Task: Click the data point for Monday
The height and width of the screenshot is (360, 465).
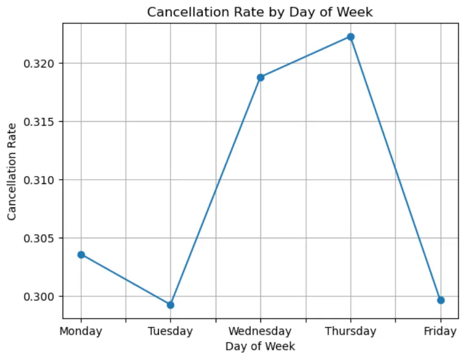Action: (81, 255)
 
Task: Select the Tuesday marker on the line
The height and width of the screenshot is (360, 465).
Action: (171, 305)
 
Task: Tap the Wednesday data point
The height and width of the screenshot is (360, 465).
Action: (260, 77)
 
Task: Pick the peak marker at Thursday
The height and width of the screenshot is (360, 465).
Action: (351, 37)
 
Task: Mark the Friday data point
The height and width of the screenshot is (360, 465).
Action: (441, 300)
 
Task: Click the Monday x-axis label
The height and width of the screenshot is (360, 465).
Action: (81, 331)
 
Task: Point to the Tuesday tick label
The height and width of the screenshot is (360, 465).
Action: (171, 331)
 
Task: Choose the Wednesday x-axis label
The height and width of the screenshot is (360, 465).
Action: (260, 331)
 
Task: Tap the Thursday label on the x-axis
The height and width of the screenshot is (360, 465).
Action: (351, 331)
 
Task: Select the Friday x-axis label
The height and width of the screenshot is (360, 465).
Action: (440, 331)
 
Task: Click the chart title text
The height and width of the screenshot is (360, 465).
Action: (260, 12)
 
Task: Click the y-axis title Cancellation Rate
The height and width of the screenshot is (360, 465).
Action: (12, 171)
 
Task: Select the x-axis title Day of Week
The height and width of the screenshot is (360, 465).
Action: (260, 346)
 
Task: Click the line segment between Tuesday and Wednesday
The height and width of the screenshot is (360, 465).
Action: (215, 191)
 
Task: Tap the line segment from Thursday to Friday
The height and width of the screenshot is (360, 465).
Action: (395, 168)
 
